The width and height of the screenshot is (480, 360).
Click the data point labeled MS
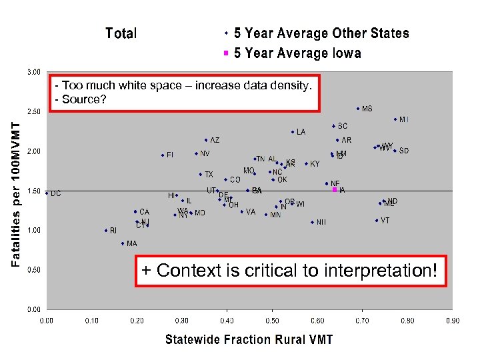point(358,109)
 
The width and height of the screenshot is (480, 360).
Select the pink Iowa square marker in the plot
point(335,189)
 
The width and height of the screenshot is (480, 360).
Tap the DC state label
point(56,193)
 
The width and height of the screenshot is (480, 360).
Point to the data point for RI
point(105,231)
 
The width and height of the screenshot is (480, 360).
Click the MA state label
point(131,244)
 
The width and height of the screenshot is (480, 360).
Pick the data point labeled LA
point(293,132)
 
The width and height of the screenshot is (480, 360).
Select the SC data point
point(333,126)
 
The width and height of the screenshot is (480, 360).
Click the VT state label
point(385,221)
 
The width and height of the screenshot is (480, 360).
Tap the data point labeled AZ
point(206,140)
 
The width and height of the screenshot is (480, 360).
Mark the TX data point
point(200,175)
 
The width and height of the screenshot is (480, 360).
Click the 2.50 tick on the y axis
point(33,111)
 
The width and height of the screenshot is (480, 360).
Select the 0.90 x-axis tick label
point(452,321)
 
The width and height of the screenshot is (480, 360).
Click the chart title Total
point(121,33)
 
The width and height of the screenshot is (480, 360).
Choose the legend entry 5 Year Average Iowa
point(297,53)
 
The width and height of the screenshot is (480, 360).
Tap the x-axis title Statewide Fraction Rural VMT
point(249,339)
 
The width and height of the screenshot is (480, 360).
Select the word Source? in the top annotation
point(84,99)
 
